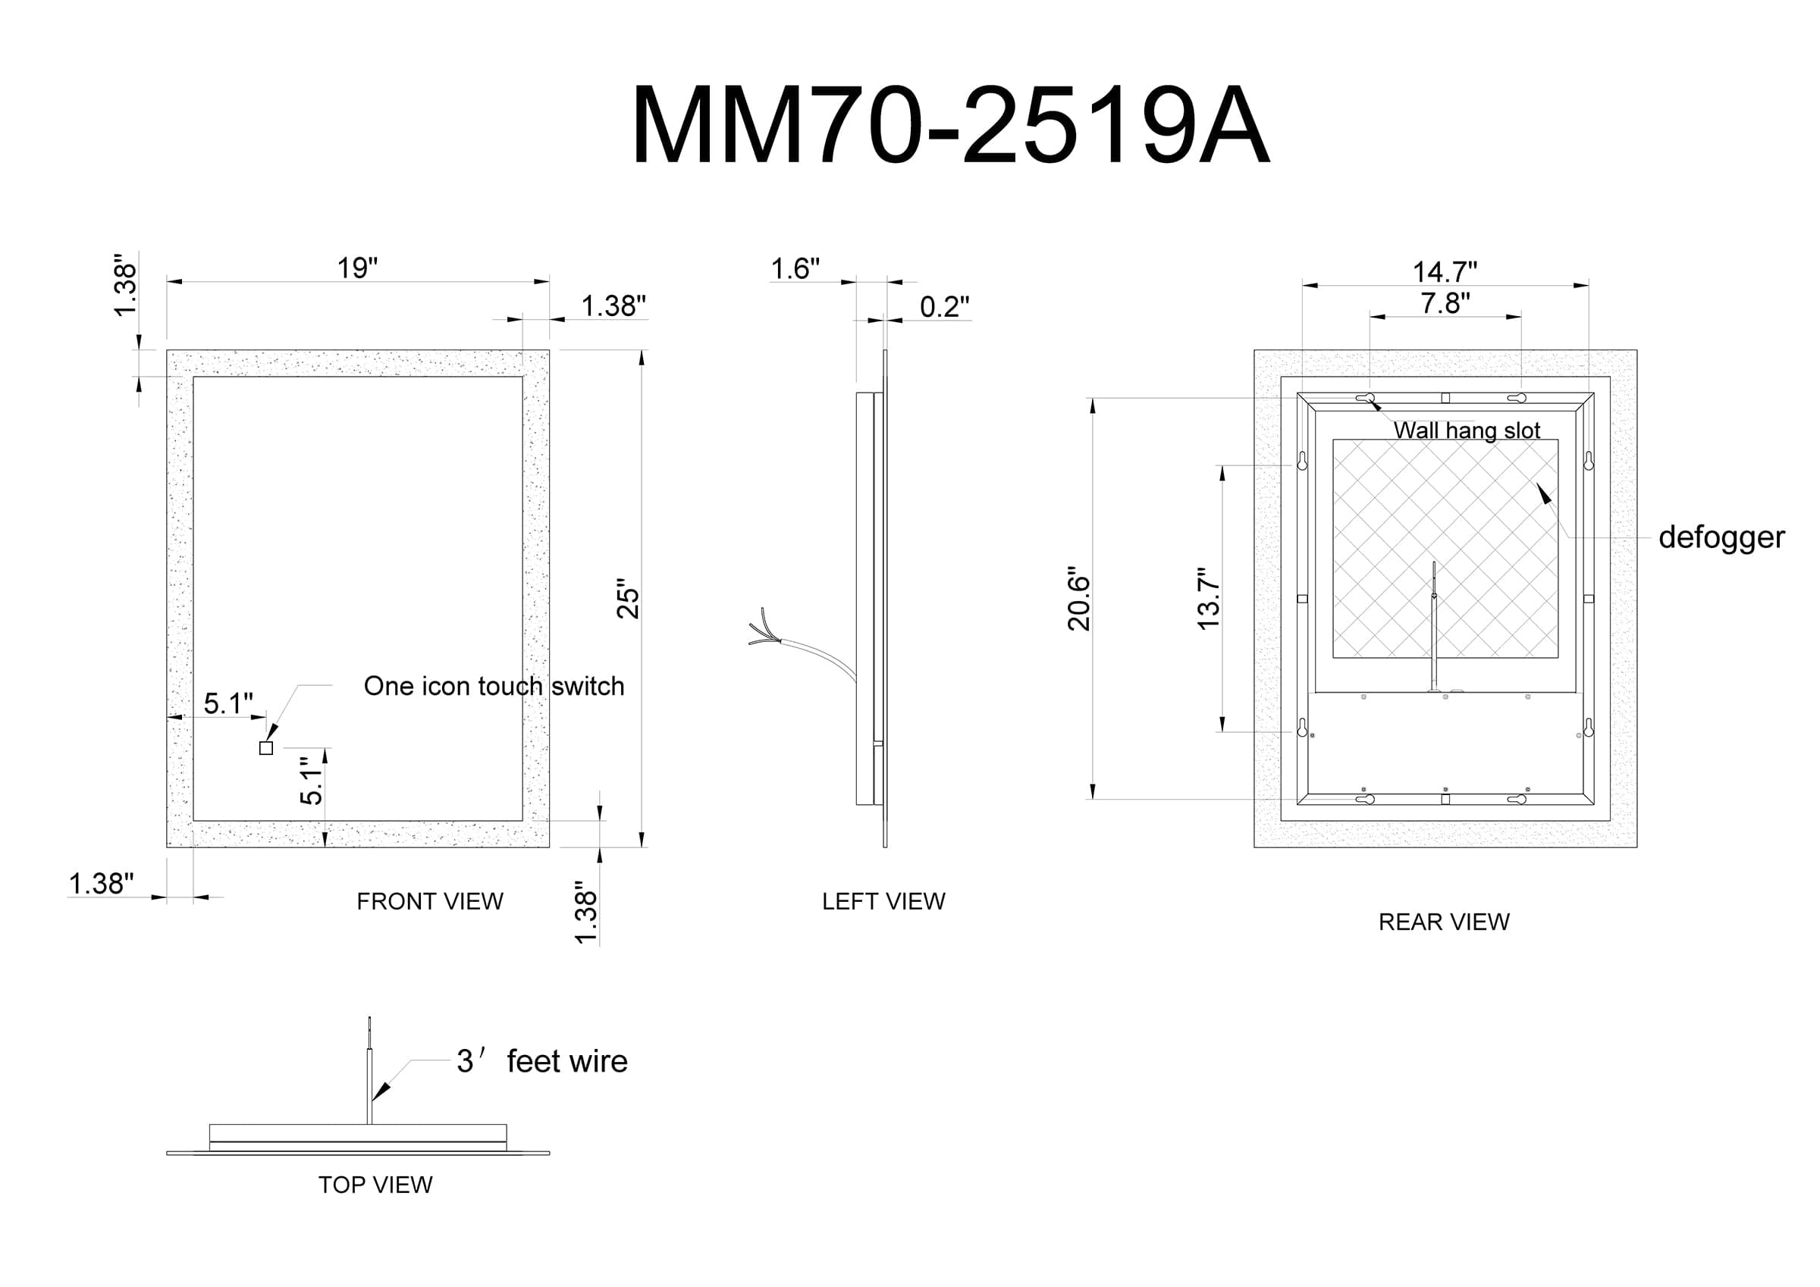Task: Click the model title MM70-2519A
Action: coord(950,125)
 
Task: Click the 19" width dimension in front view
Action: coord(357,268)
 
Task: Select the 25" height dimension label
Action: coord(628,598)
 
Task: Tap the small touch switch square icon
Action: coord(266,748)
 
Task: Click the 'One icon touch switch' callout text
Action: coord(494,685)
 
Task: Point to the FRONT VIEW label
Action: coord(430,901)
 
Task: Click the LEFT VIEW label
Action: coord(883,901)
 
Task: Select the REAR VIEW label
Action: coord(1443,922)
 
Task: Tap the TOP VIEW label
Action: coord(375,1184)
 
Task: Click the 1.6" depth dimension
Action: coord(795,268)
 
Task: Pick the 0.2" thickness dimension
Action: coord(944,306)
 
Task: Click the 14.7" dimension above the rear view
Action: coord(1445,272)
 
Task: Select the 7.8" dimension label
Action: coord(1445,302)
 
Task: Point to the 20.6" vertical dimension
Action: coord(1079,598)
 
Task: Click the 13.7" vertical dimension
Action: coord(1207,598)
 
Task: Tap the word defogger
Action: coord(1721,537)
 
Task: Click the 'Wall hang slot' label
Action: coord(1467,431)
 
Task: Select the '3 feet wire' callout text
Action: coord(541,1060)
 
